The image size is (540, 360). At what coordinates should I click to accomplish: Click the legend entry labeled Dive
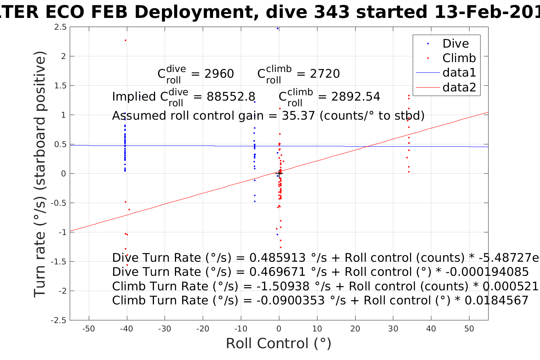pos(455,44)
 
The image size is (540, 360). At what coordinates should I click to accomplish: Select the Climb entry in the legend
pos(459,58)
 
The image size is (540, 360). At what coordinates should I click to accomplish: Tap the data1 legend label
pos(459,73)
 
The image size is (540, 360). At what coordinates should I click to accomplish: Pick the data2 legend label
pos(459,88)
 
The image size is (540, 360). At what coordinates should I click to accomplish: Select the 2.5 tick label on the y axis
pos(60,27)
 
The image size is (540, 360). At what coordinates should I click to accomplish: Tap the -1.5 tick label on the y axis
pos(59,262)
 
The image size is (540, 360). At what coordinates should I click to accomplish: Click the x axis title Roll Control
pos(279,344)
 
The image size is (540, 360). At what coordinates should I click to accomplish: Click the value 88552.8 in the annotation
pos(231,97)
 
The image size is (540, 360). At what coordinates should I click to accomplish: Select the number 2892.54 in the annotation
pos(356,97)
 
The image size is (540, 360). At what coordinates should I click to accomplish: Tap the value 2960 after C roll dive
pos(219,74)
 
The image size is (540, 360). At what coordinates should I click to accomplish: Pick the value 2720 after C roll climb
pos(325,74)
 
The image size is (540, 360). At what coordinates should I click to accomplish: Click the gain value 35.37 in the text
pos(298,116)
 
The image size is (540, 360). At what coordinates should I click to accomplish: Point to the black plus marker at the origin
pos(279,174)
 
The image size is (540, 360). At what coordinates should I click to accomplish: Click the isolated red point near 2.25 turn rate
pos(125,40)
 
